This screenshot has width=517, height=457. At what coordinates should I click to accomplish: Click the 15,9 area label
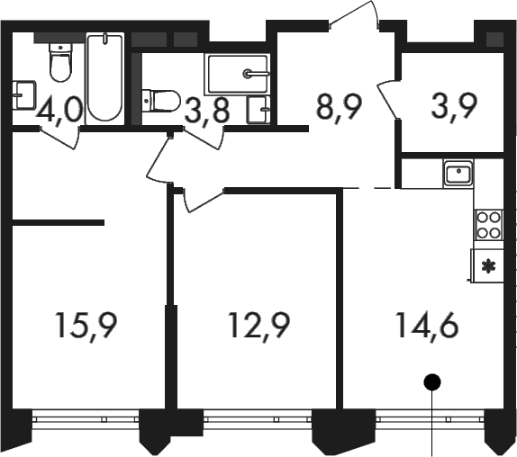click(x=86, y=326)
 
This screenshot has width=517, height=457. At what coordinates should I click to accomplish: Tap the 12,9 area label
click(x=259, y=326)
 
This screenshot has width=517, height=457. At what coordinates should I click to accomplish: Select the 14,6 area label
click(x=428, y=326)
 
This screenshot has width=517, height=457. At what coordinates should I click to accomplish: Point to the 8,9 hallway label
click(x=339, y=107)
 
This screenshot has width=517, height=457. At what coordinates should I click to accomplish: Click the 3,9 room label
click(x=454, y=106)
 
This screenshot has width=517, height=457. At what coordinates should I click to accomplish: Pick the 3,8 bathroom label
click(x=207, y=112)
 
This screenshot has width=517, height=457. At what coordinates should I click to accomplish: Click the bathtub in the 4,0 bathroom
click(x=105, y=78)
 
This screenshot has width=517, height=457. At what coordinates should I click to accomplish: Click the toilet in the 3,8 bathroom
click(x=161, y=101)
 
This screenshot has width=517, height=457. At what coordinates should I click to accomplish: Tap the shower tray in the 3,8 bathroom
click(x=238, y=75)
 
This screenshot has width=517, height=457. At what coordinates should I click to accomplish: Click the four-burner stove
click(x=489, y=225)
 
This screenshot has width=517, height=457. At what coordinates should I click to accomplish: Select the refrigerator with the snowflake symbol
click(x=487, y=265)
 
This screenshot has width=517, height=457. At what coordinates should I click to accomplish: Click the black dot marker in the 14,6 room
click(x=432, y=382)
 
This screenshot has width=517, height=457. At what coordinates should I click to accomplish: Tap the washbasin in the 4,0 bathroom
click(x=23, y=95)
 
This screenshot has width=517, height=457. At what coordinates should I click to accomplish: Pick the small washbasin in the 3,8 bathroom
click(x=258, y=110)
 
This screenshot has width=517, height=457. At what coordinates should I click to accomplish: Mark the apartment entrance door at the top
click(x=355, y=14)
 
